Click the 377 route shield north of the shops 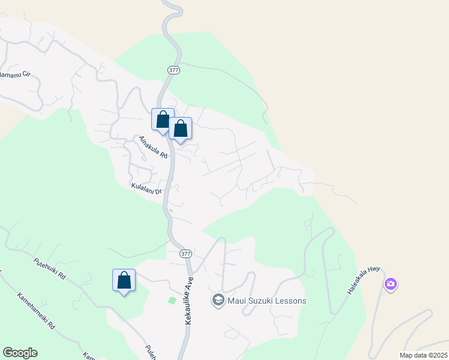pyautogui.click(x=174, y=70)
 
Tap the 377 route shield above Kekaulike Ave pyautogui.click(x=185, y=254)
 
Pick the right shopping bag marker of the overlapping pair pyautogui.click(x=180, y=128)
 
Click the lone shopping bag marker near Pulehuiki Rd pyautogui.click(x=124, y=280)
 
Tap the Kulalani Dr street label pyautogui.click(x=146, y=188)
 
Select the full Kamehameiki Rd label pyautogui.click(x=37, y=310)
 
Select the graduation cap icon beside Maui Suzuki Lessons pyautogui.click(x=218, y=300)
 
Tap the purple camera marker pyautogui.click(x=391, y=284)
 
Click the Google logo pyautogui.click(x=20, y=353)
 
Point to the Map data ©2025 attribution pyautogui.click(x=423, y=355)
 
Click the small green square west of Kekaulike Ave pyautogui.click(x=173, y=300)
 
